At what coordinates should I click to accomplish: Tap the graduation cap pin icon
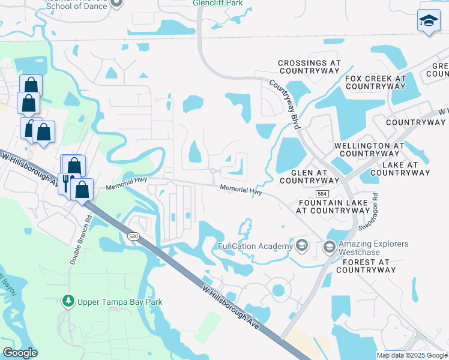pyautogui.click(x=429, y=21)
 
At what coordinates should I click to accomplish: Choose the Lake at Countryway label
pyautogui.click(x=403, y=169)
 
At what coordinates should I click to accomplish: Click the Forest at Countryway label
pyautogui.click(x=366, y=266)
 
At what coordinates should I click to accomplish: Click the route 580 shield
pyautogui.click(x=133, y=236)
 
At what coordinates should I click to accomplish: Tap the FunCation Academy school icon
pyautogui.click(x=301, y=246)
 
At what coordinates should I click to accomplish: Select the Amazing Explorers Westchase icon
pyautogui.click(x=329, y=247)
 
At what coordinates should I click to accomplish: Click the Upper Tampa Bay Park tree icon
pyautogui.click(x=69, y=301)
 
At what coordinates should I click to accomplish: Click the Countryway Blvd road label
pyautogui.click(x=284, y=104)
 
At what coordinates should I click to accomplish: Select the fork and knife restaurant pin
pyautogui.click(x=66, y=183)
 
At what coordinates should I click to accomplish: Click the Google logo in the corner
pyautogui.click(x=20, y=353)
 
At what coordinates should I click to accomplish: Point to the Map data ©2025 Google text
pyautogui.click(x=412, y=355)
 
